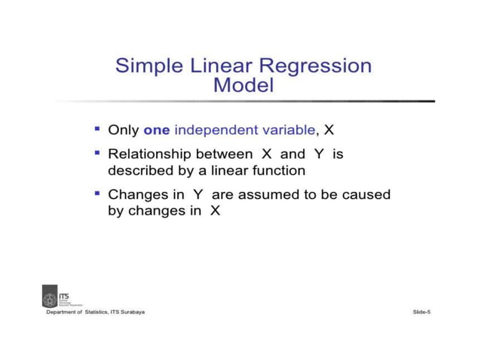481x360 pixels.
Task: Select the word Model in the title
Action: coord(244,86)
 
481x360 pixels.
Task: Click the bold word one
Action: coord(157,130)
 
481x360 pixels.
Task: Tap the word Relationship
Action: coord(151,154)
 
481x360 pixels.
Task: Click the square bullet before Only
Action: coord(97,129)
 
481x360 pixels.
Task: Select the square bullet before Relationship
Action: coord(97,153)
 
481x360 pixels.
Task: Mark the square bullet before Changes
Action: coord(97,194)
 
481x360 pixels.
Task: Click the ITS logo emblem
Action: coord(50,296)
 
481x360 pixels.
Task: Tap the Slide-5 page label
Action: coord(421,312)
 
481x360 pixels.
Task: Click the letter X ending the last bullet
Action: coord(215,212)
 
